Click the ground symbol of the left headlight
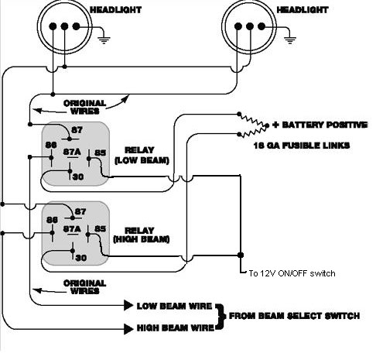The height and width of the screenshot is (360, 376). click(x=104, y=40)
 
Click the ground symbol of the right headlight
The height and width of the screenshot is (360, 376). click(x=290, y=40)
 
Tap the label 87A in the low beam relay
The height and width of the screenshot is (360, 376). click(x=72, y=152)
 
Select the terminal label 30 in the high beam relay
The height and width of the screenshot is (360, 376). click(x=80, y=258)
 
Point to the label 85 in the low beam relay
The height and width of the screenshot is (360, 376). click(x=101, y=153)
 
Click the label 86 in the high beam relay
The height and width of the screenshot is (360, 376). click(x=52, y=220)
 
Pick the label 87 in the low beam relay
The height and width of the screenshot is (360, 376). click(x=77, y=130)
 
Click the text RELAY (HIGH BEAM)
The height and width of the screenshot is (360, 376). click(x=141, y=235)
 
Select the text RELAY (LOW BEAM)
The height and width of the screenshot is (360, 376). click(x=142, y=155)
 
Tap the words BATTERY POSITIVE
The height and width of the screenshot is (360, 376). click(x=325, y=125)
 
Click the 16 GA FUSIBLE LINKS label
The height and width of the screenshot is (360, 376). click(x=302, y=146)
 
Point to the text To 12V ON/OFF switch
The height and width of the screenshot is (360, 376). click(x=292, y=273)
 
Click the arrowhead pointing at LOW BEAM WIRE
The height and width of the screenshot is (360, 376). click(x=128, y=305)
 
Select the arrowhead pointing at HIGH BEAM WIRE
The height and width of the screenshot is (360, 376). click(x=128, y=329)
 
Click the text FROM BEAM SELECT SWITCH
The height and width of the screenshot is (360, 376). click(x=294, y=316)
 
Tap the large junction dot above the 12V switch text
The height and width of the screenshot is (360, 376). click(x=241, y=255)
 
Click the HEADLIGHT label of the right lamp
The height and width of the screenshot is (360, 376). click(x=302, y=10)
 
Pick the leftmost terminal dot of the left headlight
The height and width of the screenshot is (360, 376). click(x=53, y=26)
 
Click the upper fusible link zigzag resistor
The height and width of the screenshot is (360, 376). click(x=253, y=119)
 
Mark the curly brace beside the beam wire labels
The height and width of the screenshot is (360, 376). click(x=220, y=317)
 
